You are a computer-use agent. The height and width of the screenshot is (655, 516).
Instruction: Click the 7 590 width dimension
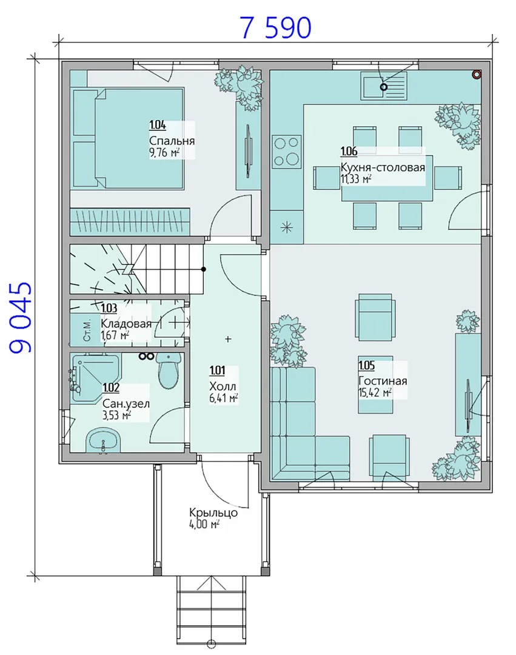[x=275, y=28]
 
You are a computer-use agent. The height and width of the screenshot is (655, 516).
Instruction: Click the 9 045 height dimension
[x=20, y=318]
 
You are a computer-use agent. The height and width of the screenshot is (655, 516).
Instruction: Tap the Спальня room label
[x=172, y=141]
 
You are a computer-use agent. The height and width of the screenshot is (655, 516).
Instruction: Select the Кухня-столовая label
[x=383, y=167]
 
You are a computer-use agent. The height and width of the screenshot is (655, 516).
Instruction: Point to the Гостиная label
[x=383, y=381]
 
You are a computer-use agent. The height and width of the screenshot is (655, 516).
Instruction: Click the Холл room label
[x=223, y=386]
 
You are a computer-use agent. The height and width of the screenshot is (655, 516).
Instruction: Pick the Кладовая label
[x=126, y=324]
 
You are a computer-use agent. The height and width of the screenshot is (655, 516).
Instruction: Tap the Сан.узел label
[x=126, y=404]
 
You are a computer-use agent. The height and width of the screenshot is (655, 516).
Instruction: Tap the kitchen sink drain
[x=383, y=87]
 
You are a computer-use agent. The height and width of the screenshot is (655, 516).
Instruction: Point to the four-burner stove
[x=287, y=152]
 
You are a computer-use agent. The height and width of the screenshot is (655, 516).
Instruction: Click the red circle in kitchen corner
[x=477, y=75]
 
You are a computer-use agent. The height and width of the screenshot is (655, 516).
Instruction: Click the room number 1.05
[x=367, y=366]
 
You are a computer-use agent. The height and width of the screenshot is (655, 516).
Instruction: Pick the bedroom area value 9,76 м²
[x=164, y=153]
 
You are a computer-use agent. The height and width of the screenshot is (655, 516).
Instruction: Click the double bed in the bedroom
[x=129, y=137]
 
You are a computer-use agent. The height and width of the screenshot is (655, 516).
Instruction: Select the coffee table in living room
[x=376, y=385]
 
